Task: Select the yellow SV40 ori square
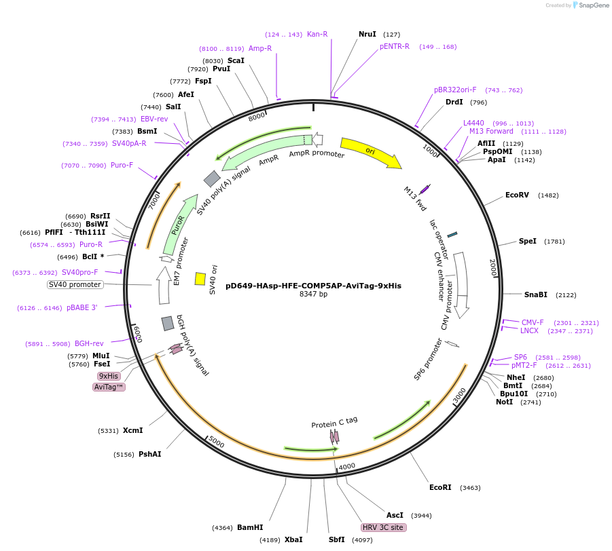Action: [200, 279]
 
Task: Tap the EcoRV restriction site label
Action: [517, 195]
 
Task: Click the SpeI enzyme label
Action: [528, 242]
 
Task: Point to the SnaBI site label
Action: [535, 294]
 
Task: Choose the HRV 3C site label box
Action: [384, 527]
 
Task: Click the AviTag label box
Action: [109, 387]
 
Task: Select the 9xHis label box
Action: [109, 376]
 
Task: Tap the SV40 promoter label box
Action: [75, 285]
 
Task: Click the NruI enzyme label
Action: [367, 34]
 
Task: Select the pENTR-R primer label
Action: [395, 47]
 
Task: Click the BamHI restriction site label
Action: [250, 527]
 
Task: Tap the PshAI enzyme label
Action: [150, 454]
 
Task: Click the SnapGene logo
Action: [591, 5]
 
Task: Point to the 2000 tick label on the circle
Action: [494, 268]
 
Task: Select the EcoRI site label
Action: [440, 487]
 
